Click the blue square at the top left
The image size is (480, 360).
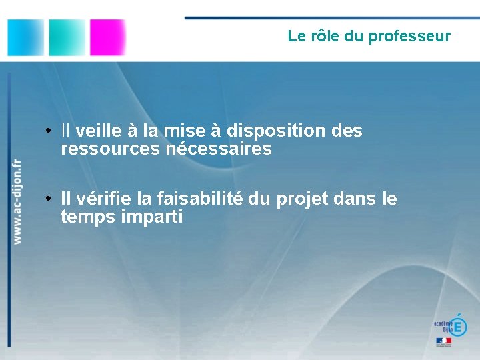[25, 37]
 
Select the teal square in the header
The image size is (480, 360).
[67, 37]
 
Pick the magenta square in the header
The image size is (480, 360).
[108, 37]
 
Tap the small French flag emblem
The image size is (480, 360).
[443, 341]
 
